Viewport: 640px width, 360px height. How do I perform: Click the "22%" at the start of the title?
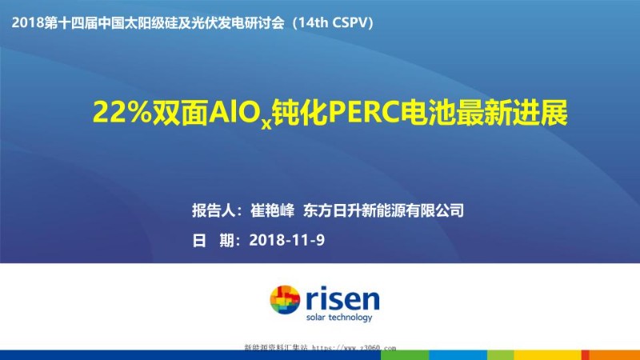117,114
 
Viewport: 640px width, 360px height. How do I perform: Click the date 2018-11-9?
287,239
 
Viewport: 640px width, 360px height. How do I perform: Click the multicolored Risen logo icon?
285,302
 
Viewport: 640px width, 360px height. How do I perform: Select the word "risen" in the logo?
342,298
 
